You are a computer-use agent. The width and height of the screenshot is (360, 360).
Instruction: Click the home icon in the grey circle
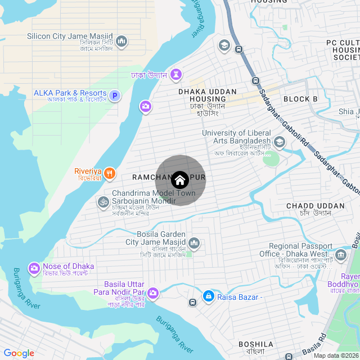(x=180, y=180)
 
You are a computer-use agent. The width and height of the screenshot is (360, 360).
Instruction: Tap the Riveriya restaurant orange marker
(x=110, y=173)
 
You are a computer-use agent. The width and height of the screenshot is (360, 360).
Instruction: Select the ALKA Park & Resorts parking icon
(x=115, y=96)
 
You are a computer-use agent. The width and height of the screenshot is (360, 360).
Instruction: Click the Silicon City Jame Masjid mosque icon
(x=121, y=41)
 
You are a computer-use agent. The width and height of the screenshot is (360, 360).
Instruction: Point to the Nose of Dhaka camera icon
(x=34, y=268)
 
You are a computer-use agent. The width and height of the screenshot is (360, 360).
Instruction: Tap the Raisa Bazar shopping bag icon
(x=208, y=296)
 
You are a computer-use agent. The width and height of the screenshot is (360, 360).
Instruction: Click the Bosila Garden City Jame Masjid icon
(x=193, y=243)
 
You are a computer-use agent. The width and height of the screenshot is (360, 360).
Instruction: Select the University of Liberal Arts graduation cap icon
(x=279, y=142)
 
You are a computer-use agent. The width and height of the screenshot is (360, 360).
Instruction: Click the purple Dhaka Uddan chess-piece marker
(x=177, y=74)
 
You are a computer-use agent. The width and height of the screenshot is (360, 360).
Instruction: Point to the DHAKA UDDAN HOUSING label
(x=202, y=95)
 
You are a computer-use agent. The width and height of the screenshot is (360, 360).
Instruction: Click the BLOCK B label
(x=300, y=99)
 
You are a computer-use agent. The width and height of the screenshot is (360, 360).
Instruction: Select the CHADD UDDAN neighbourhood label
(x=315, y=206)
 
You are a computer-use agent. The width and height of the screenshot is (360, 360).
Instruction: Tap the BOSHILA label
(x=256, y=344)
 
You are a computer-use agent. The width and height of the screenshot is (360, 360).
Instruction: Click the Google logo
(x=19, y=353)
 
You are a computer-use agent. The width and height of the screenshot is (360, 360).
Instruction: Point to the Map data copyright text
(x=335, y=355)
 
